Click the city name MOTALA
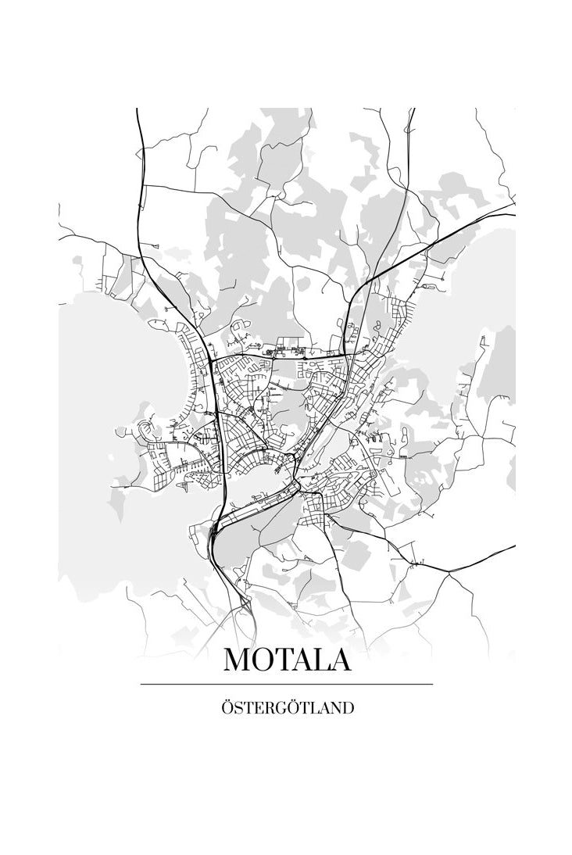(x=287, y=660)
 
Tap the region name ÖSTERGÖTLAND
(x=287, y=708)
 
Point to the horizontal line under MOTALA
(x=287, y=685)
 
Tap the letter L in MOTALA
(x=322, y=660)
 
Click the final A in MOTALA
(x=341, y=660)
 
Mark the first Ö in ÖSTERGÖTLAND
(x=227, y=707)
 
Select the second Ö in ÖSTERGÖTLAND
(x=298, y=707)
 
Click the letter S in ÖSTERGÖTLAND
(x=238, y=709)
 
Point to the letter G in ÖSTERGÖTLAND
(x=284, y=709)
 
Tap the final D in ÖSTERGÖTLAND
(x=348, y=709)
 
